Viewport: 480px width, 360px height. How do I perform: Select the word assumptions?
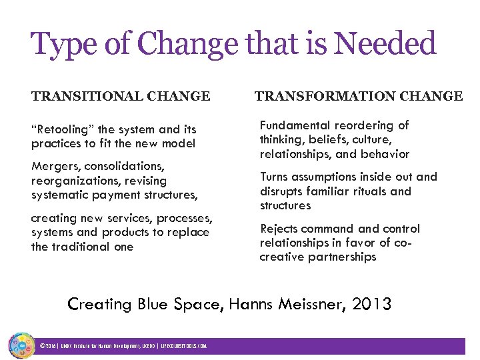point(324,177)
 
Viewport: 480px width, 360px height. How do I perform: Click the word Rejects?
point(279,228)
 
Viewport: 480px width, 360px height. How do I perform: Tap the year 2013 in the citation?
point(372,304)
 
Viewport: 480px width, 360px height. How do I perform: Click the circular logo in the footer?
point(22,345)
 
